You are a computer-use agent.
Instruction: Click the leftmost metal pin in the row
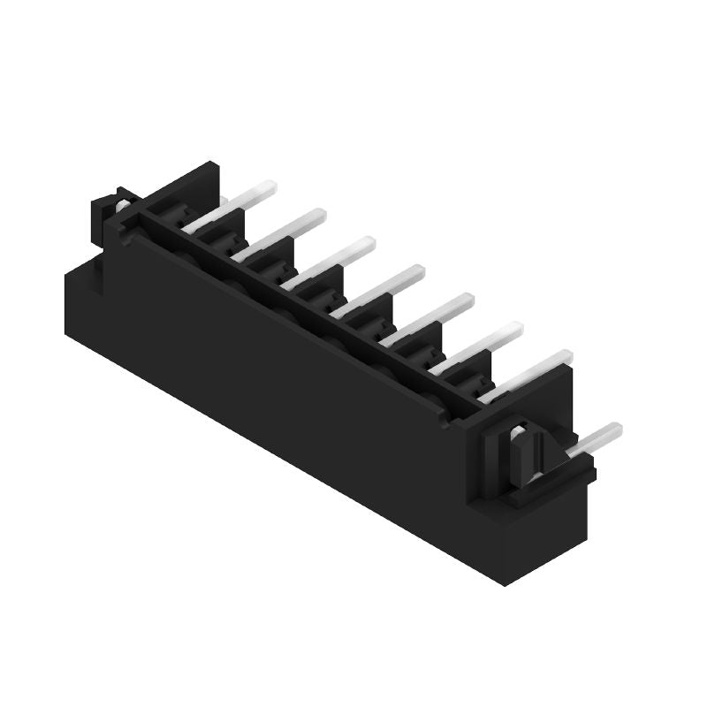coord(232,205)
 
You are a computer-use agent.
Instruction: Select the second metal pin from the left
coord(281,233)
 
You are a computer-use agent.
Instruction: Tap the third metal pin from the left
coord(331,262)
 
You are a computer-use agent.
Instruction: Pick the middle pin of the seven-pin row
coord(380,290)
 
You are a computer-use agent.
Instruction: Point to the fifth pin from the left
coord(430,318)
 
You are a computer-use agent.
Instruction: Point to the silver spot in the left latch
coord(121,206)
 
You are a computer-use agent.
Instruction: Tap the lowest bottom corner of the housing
coord(505,583)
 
